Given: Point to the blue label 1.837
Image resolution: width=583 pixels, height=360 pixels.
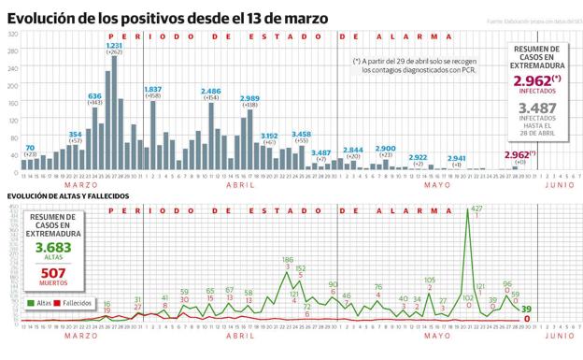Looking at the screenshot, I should click(153, 89).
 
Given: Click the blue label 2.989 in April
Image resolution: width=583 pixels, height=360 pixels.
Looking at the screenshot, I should click(249, 98).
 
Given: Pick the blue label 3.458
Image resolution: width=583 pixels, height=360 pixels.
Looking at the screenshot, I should click(301, 134).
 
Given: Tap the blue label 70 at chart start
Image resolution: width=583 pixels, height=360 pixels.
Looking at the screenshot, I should click(30, 148).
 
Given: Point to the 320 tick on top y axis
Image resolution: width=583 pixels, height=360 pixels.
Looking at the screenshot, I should click(13, 36).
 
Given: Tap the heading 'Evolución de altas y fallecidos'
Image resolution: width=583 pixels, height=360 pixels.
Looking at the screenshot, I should click(67, 196).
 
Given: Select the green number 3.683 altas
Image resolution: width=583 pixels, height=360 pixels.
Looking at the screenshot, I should click(52, 248).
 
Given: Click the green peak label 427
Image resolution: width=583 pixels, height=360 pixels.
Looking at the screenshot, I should click(476, 208).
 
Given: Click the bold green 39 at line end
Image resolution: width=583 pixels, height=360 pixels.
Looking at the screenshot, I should click(527, 310).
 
